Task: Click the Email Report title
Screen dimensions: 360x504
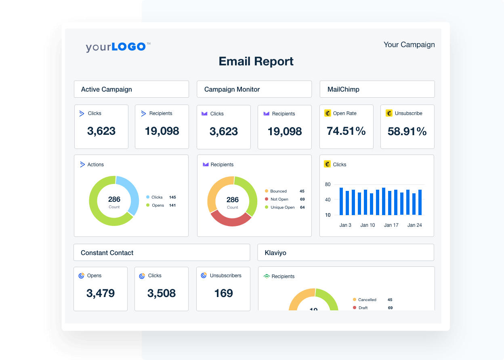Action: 256,61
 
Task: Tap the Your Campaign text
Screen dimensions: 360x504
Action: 409,44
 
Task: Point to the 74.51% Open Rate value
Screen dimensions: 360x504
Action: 346,131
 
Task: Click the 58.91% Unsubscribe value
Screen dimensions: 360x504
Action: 407,132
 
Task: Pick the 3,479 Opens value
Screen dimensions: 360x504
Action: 101,293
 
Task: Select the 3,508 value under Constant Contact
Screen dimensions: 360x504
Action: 162,293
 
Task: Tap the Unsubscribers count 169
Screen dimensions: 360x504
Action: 223,293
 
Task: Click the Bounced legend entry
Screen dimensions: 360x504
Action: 278,191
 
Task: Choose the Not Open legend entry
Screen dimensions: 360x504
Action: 279,199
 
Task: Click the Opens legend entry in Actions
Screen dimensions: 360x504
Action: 157,205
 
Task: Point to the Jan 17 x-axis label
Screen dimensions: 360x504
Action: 391,225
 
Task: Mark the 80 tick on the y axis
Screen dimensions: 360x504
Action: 328,184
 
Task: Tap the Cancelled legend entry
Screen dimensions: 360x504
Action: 367,300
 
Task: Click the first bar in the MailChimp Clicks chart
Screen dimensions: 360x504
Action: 341,201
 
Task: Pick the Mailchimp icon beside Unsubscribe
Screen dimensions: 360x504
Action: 389,113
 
